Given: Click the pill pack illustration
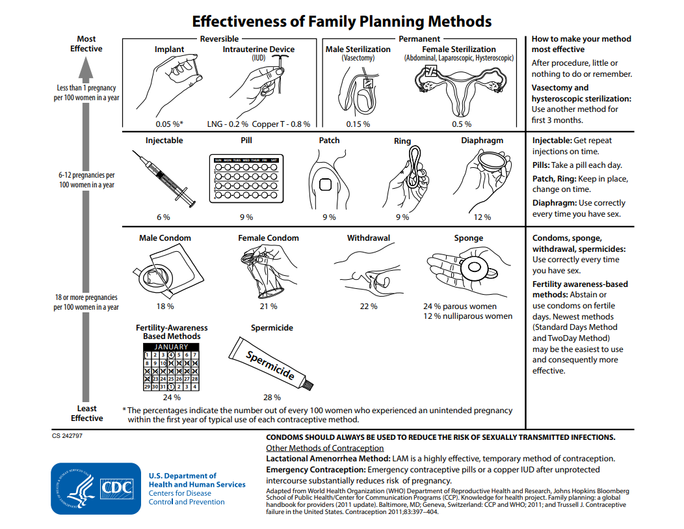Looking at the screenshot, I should point(246,178).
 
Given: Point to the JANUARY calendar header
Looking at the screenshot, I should point(171,347).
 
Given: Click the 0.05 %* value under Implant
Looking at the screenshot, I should point(169,124).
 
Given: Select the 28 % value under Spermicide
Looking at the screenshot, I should point(272,397).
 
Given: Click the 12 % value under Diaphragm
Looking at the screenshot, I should point(482,217).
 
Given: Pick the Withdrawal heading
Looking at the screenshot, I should point(368,238).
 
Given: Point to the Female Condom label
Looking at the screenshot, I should point(269,238).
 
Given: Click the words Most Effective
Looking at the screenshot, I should point(86,44).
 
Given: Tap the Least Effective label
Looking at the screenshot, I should point(86,413).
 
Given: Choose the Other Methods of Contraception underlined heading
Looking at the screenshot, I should point(324,448).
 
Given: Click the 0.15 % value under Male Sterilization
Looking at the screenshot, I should point(358,124).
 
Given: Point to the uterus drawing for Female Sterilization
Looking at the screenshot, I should point(458,88).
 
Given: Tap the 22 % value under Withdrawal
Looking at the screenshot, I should point(368,306).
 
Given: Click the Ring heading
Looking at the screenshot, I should point(402,141).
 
